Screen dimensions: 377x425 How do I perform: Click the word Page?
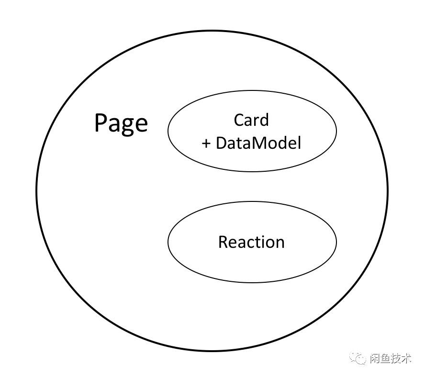click(x=121, y=123)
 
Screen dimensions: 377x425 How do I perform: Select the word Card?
click(x=251, y=120)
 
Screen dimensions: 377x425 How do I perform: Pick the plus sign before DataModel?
click(x=207, y=143)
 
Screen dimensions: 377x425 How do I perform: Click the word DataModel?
click(x=258, y=143)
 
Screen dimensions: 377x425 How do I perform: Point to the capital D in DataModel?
click(x=222, y=143)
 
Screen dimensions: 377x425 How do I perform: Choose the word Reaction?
click(x=251, y=242)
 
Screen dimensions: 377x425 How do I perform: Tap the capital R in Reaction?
click(x=223, y=242)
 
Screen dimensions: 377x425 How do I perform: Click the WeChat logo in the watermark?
click(x=358, y=358)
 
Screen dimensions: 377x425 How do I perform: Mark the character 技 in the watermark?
click(x=395, y=358)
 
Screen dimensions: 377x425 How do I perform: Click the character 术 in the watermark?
click(x=406, y=358)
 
